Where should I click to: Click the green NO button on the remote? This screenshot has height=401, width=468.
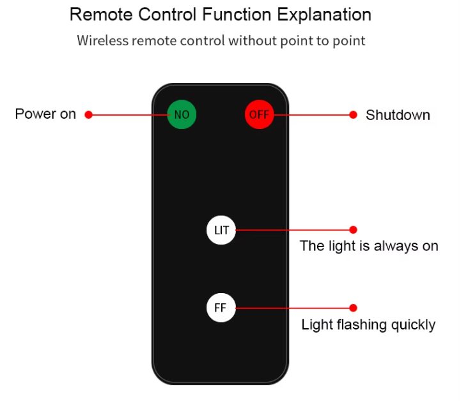pyautogui.click(x=182, y=115)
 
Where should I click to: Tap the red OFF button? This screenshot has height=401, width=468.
pyautogui.click(x=259, y=115)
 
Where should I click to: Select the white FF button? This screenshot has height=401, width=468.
pyautogui.click(x=221, y=308)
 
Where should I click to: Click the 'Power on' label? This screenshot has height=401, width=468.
pyautogui.click(x=45, y=114)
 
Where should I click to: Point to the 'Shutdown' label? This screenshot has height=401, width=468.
pyautogui.click(x=398, y=115)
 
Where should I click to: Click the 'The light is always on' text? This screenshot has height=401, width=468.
pyautogui.click(x=369, y=246)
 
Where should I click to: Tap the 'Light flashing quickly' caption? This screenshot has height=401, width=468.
pyautogui.click(x=368, y=325)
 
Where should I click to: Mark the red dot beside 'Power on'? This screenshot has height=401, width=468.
pyautogui.click(x=89, y=115)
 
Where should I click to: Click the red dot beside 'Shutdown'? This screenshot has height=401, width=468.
pyautogui.click(x=353, y=115)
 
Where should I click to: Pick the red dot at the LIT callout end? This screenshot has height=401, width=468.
pyautogui.click(x=353, y=229)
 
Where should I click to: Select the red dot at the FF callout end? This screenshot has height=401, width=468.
pyautogui.click(x=353, y=308)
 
